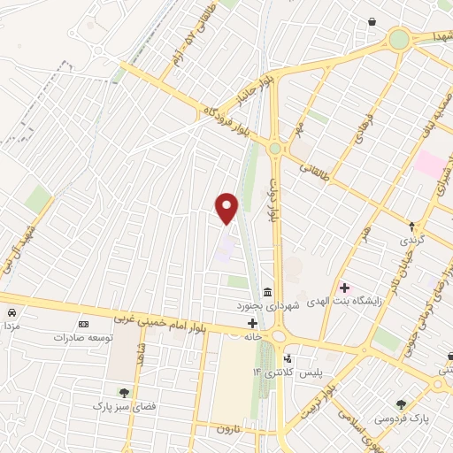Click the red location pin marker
pos(227,207)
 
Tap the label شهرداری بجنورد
pos(268,305)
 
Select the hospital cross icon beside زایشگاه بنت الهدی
pos(344,288)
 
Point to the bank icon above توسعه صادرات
pos(84,325)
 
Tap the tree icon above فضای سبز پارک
pos(124,393)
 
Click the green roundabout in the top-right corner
pos(399,39)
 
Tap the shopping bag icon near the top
pos(371,21)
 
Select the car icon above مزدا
pos(11,313)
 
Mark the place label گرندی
pos(414,241)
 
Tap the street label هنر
pos(365,234)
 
